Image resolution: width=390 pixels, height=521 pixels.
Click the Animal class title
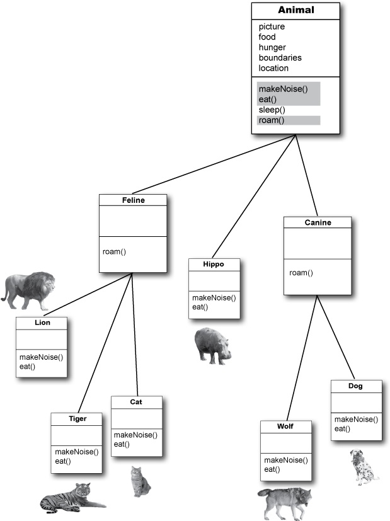point(295,10)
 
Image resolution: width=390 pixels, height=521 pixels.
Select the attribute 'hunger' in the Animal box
point(272,47)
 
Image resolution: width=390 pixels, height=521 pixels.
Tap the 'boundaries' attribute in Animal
point(280,57)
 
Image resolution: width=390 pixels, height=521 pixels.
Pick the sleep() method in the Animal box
point(272,110)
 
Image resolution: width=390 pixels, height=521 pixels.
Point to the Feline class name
point(133,200)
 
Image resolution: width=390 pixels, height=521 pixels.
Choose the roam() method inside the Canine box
point(301,273)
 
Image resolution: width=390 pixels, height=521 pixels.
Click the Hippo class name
point(214,264)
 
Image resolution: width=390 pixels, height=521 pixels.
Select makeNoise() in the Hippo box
point(214,298)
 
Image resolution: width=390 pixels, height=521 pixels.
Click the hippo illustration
point(212,345)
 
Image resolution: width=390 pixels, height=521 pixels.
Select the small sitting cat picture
point(141,481)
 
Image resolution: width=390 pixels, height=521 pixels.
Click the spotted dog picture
point(364,467)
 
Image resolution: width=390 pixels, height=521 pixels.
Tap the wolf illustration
point(285,502)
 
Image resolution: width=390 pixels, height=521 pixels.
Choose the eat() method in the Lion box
point(27,366)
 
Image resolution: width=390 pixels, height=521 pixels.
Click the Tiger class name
point(77,418)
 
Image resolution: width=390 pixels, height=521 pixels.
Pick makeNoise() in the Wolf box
point(285,460)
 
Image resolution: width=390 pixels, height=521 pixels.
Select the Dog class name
point(355,386)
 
